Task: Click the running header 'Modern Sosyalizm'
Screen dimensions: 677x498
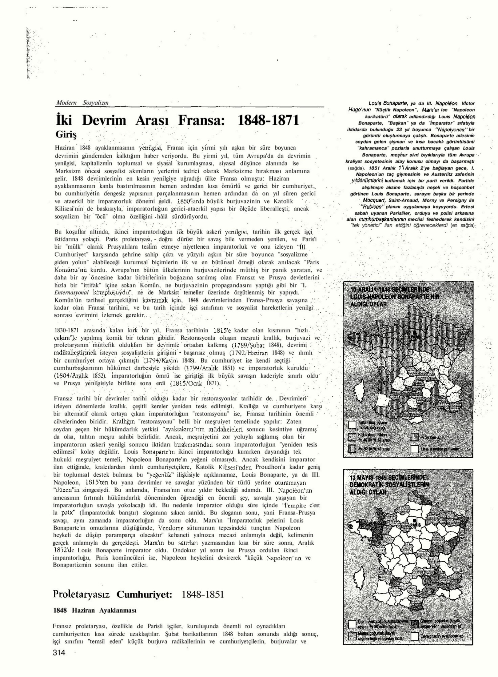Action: [x=82, y=103]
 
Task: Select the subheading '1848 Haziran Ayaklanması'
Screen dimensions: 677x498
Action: [x=95, y=610]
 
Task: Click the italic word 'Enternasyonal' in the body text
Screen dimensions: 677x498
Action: [x=71, y=293]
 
